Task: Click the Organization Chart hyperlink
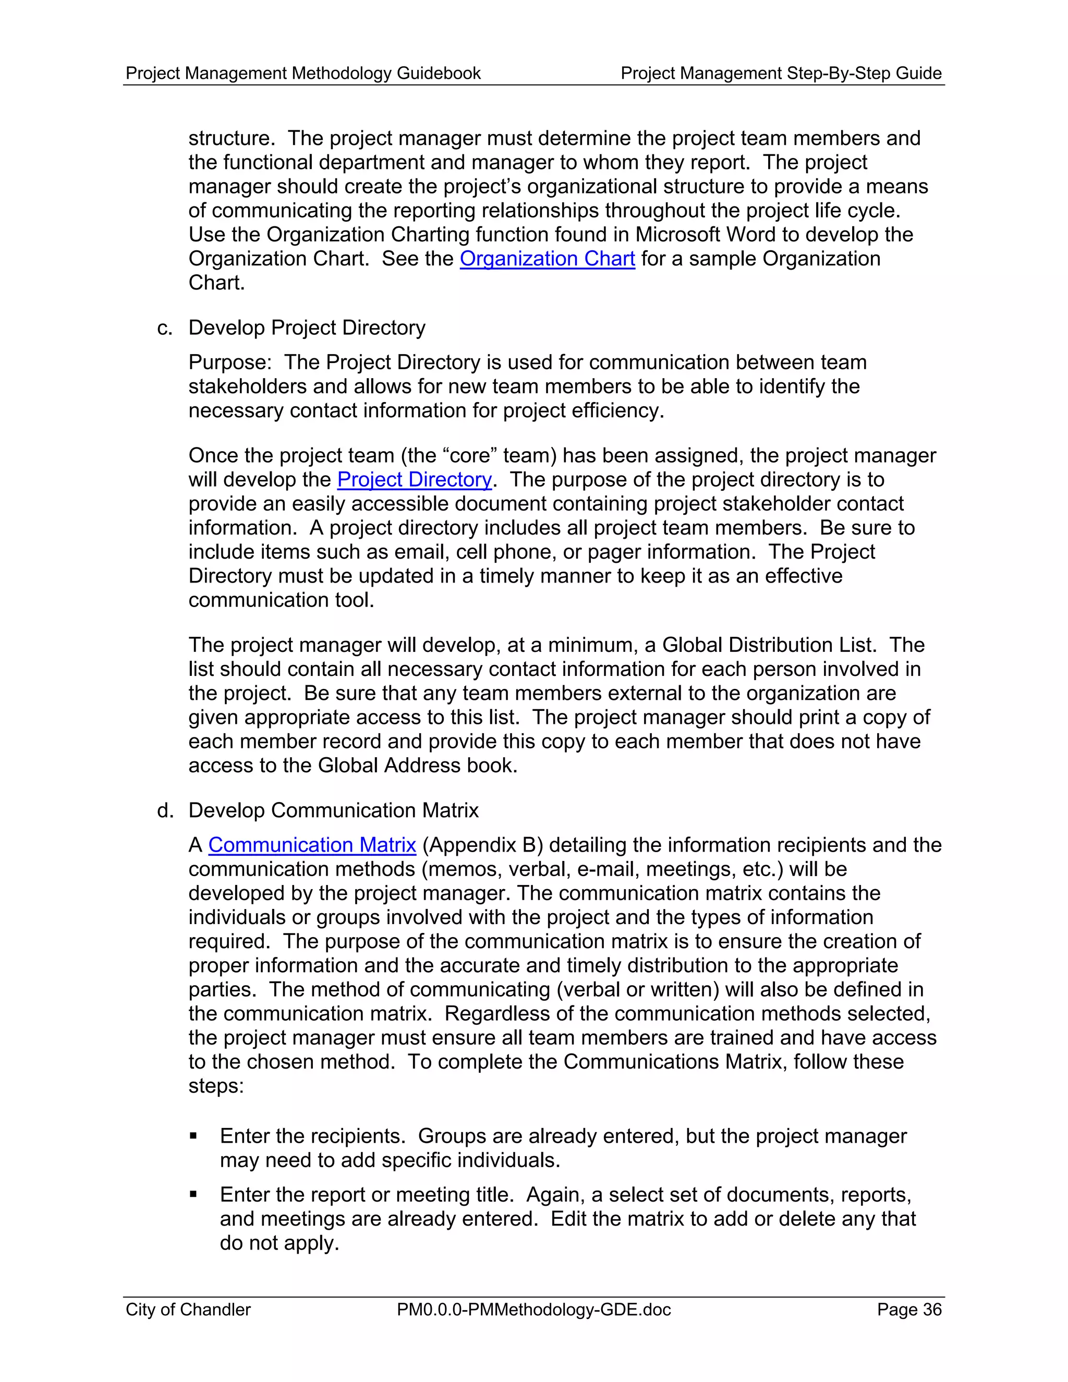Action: [x=547, y=259]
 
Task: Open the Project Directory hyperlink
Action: [x=415, y=480]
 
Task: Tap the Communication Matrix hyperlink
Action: [x=312, y=845]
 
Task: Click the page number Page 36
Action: [x=908, y=1309]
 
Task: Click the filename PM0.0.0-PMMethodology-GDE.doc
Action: [x=533, y=1309]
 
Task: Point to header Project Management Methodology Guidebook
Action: [x=303, y=74]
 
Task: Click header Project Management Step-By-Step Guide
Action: [x=781, y=74]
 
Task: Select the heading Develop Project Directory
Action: [x=307, y=328]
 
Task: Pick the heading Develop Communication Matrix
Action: [x=333, y=810]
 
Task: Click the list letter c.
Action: [x=164, y=328]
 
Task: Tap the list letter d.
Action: [x=164, y=810]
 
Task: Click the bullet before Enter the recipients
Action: [x=193, y=1136]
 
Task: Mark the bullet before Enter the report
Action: [x=193, y=1195]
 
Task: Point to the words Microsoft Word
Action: [x=705, y=235]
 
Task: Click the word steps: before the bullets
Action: [x=216, y=1086]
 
